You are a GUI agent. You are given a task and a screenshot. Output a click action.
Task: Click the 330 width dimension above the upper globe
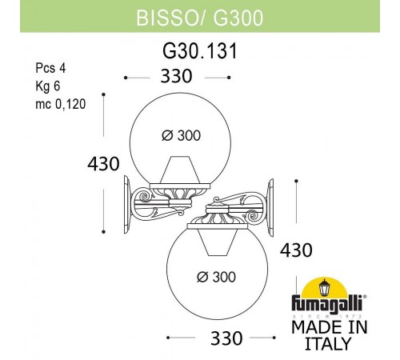coord(178,77)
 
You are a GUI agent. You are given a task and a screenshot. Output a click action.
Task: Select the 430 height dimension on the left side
coord(103,164)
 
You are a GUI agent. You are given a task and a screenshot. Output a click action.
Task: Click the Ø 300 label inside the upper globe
coord(178,135)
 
